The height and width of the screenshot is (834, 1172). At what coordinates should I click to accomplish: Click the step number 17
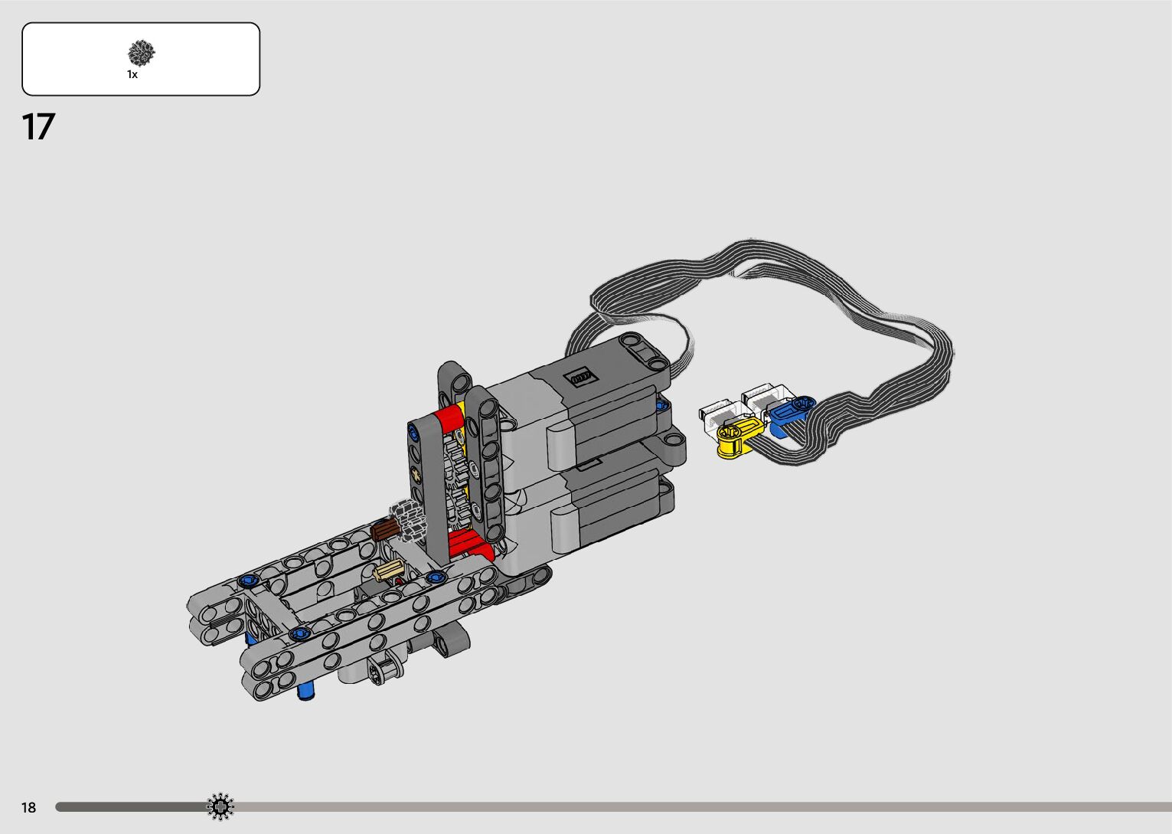coord(38,126)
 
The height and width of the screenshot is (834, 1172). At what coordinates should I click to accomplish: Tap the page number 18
coord(29,807)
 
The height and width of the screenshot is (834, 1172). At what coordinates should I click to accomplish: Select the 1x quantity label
coord(132,75)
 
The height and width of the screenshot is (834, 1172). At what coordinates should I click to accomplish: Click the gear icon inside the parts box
coord(142,53)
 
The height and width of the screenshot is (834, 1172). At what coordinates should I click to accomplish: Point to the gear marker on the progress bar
coord(220,806)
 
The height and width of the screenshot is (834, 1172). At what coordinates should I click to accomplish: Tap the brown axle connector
coord(385,529)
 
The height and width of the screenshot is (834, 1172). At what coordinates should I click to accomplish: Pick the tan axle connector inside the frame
coord(389,570)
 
